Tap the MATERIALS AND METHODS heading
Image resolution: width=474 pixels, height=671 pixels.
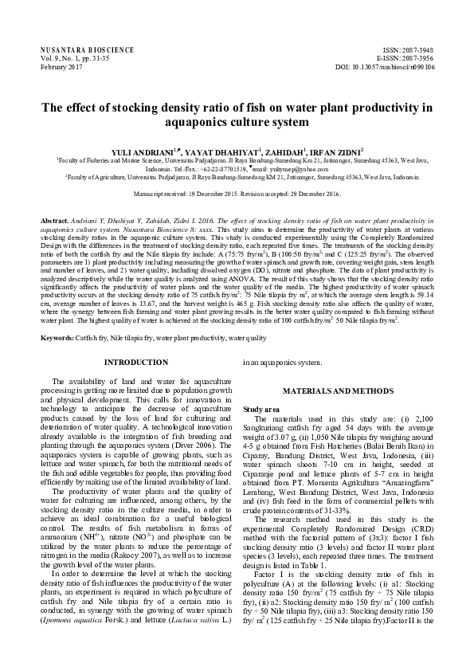[343, 393]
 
